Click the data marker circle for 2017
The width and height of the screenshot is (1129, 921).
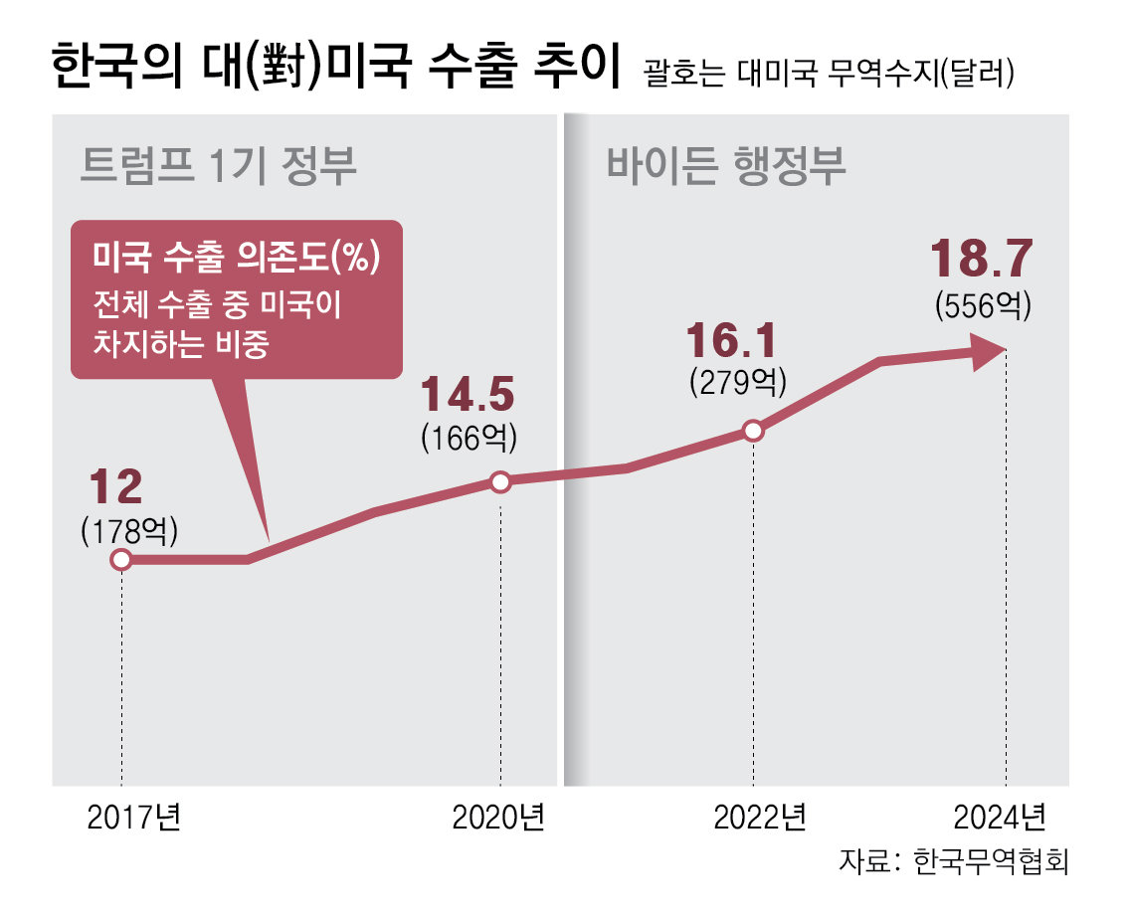tap(121, 560)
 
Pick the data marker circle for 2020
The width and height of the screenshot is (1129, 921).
tap(500, 482)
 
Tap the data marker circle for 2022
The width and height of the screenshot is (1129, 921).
tap(753, 431)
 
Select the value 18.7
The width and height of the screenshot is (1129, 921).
tap(982, 260)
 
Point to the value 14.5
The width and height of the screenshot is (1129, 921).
tap(469, 396)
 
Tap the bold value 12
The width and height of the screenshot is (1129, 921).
tap(116, 488)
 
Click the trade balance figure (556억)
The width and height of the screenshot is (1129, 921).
tap(982, 304)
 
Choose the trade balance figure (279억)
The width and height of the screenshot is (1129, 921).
tap(737, 382)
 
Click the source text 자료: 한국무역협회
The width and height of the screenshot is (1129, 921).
tap(952, 859)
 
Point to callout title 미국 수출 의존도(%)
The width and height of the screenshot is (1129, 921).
tap(237, 258)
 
